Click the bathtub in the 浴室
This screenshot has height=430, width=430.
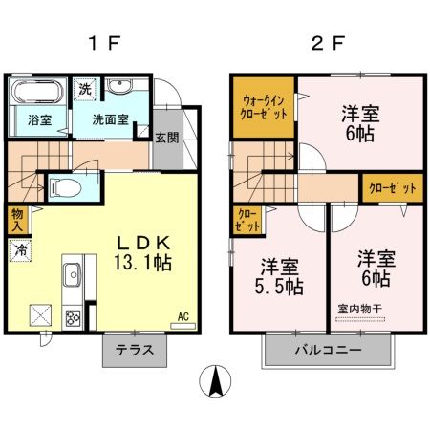pyautogui.click(x=37, y=91)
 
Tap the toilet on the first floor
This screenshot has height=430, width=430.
pyautogui.click(x=65, y=187)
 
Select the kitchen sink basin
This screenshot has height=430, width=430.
pyautogui.click(x=73, y=274)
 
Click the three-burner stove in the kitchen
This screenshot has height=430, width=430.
pyautogui.click(x=73, y=317)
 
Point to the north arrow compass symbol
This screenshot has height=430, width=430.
pyautogui.click(x=215, y=381)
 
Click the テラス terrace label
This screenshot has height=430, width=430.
pyautogui.click(x=135, y=350)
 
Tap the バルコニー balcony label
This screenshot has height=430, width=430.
pyautogui.click(x=328, y=350)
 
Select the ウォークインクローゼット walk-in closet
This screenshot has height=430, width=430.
pyautogui.click(x=264, y=108)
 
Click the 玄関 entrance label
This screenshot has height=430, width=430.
pyautogui.click(x=167, y=138)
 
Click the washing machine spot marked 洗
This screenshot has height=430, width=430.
pyautogui.click(x=85, y=90)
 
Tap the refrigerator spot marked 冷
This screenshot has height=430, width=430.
pyautogui.click(x=20, y=250)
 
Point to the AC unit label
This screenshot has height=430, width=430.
pyautogui.click(x=183, y=316)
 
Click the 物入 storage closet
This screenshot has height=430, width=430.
pyautogui.click(x=17, y=220)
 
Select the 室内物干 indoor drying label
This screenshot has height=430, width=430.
pyautogui.click(x=360, y=309)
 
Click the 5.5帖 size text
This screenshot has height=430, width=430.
pyautogui.click(x=279, y=287)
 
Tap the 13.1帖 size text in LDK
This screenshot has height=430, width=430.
pyautogui.click(x=143, y=263)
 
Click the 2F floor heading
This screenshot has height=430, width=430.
pyautogui.click(x=328, y=44)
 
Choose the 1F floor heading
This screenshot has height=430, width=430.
pyautogui.click(x=104, y=44)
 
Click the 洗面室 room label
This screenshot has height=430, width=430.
pyautogui.click(x=110, y=119)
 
